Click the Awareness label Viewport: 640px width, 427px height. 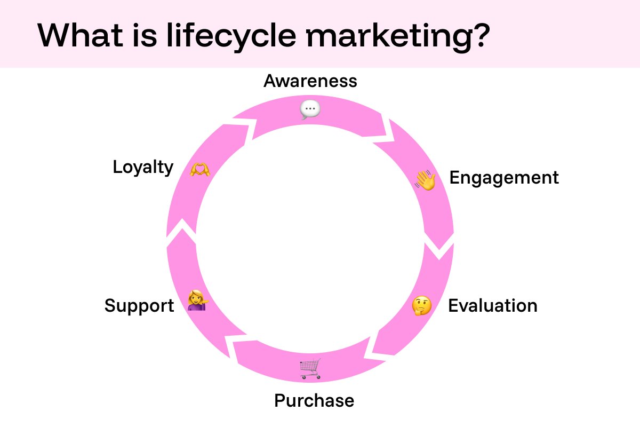pyautogui.click(x=310, y=81)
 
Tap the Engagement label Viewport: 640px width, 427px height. pyautogui.click(x=504, y=178)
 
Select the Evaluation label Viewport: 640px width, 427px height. pyautogui.click(x=492, y=306)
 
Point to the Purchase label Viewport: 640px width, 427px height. pyautogui.click(x=314, y=400)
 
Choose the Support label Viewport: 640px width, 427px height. pyautogui.click(x=139, y=306)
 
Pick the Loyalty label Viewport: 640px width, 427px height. pyautogui.click(x=143, y=167)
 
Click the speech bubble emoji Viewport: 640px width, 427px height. pyautogui.click(x=310, y=109)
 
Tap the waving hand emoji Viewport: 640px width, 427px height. pyautogui.click(x=426, y=180)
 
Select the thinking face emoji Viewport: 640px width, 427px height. pyautogui.click(x=422, y=306)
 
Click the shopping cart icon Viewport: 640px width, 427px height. pyautogui.click(x=310, y=369)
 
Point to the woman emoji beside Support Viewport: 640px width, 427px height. pyautogui.click(x=197, y=301)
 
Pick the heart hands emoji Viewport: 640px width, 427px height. pyautogui.click(x=200, y=169)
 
